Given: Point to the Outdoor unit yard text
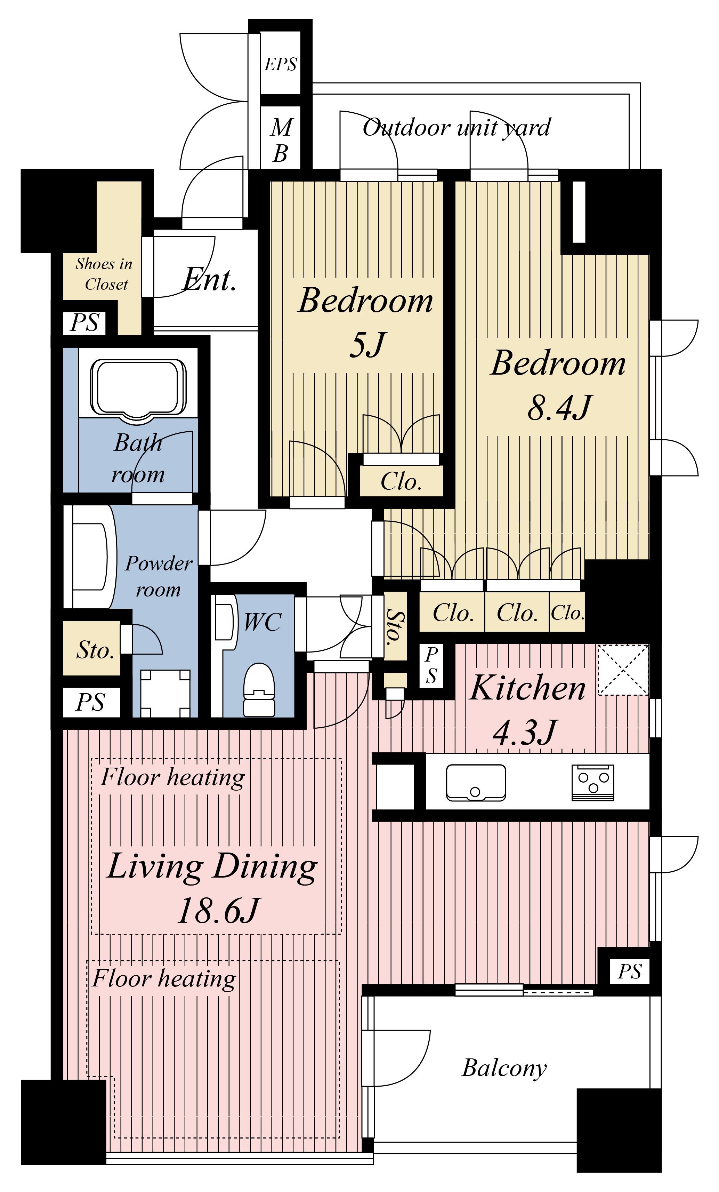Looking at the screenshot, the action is click(x=456, y=128).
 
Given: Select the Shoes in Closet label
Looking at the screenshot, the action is click(x=104, y=274).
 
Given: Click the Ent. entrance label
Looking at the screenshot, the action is click(x=209, y=280).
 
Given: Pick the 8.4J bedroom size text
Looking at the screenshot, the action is click(x=559, y=407).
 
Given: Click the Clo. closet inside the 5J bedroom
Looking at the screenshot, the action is click(x=401, y=481).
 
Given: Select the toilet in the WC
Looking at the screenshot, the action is click(x=259, y=689).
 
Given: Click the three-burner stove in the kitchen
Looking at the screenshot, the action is click(x=593, y=782).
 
